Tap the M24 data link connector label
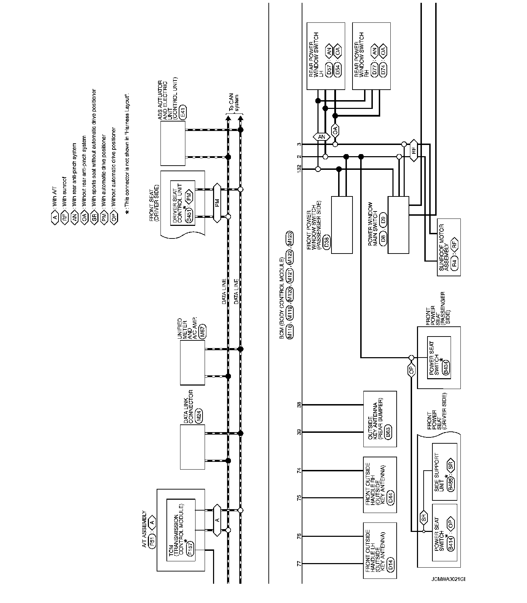199,417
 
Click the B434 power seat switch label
446,370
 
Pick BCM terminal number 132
299,169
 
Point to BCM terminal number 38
299,405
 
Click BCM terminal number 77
299,564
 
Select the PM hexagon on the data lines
217,203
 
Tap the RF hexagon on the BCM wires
414,150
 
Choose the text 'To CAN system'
234,103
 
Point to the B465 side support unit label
451,484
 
